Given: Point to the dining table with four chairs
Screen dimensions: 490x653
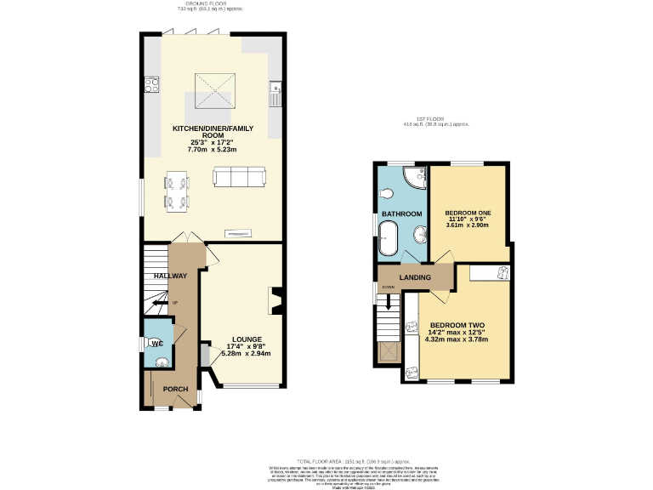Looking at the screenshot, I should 178,191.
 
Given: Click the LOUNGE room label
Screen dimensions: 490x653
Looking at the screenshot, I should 247,339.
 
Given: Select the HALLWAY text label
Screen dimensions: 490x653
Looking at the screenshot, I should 169,276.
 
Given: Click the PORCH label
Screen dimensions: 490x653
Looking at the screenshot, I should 175,389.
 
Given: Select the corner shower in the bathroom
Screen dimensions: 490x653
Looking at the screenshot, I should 415,177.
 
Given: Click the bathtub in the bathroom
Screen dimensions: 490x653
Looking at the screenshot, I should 387,238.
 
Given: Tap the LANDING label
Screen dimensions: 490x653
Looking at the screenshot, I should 415,277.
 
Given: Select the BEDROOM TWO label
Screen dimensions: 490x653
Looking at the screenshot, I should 457,325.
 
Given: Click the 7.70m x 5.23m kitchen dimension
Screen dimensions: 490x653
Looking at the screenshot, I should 211,149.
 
